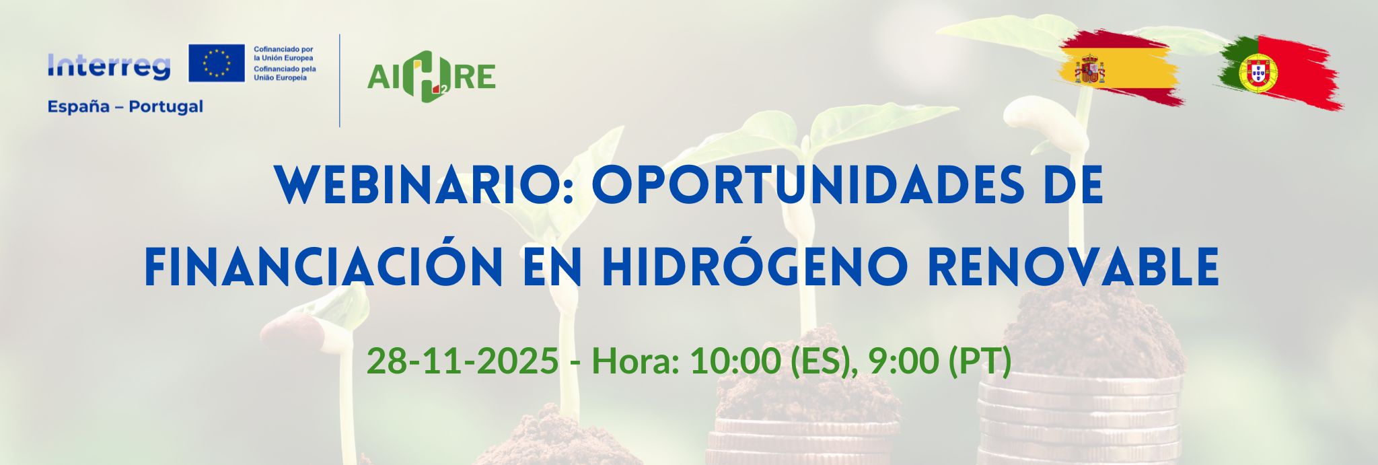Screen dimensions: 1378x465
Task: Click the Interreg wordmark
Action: [x=109, y=67]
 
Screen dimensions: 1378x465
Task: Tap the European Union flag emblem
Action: [x=217, y=63]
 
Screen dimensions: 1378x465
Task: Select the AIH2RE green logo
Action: [x=431, y=77]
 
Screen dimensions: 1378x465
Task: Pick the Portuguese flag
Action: [x=1278, y=73]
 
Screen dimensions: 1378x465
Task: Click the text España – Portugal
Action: [x=125, y=106]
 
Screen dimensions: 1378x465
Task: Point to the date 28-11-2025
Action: [x=462, y=361]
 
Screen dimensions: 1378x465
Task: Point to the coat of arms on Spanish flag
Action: [x=1089, y=69]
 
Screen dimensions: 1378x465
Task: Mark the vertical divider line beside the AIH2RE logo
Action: [x=339, y=80]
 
